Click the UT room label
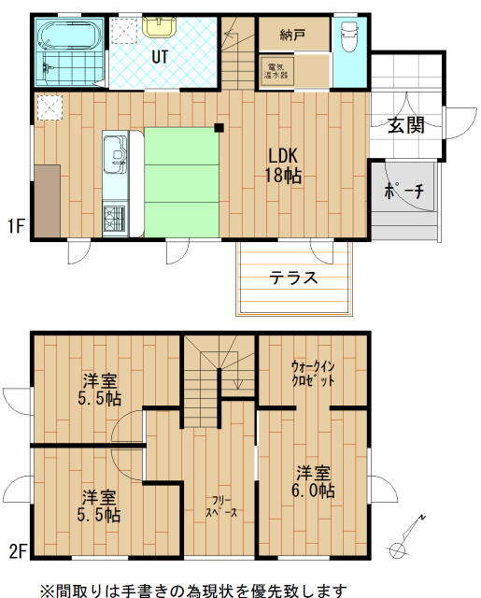pos(161,56)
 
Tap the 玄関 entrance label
pos(408,125)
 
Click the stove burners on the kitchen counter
pos(115,220)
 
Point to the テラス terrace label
pos(293,278)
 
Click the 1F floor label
pos(15,226)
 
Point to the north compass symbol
pos(408,540)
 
